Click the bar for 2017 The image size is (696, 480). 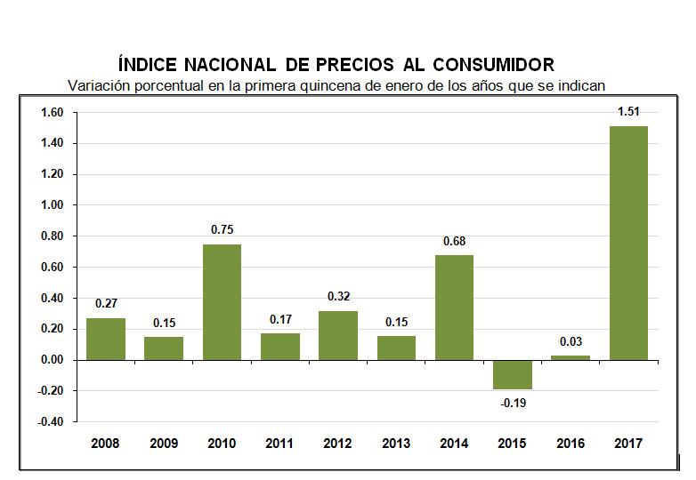click(628, 243)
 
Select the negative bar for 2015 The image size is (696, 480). click(513, 374)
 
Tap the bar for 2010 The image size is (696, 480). click(222, 301)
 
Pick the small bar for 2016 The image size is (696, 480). click(571, 357)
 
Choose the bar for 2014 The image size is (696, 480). click(454, 307)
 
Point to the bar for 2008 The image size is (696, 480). click(106, 339)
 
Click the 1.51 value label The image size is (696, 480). click(629, 111)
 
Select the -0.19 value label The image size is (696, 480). click(512, 404)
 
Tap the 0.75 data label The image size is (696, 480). click(222, 229)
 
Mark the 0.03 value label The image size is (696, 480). click(571, 340)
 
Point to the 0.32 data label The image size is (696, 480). click(338, 296)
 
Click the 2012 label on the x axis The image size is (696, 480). click(338, 442)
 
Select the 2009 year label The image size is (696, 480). click(164, 442)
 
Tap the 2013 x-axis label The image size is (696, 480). click(396, 442)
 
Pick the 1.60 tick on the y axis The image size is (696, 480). click(52, 113)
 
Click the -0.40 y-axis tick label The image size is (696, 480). click(50, 422)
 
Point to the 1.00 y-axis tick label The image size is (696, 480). click(52, 205)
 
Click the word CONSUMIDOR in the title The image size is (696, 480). click(494, 65)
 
